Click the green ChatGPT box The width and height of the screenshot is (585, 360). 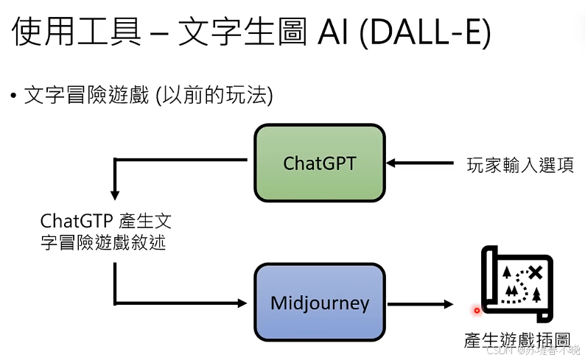click(319, 163)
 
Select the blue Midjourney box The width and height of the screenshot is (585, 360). click(319, 303)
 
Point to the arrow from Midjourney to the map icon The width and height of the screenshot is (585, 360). click(421, 303)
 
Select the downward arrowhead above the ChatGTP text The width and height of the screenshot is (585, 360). click(114, 194)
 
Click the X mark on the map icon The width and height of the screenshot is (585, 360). click(536, 272)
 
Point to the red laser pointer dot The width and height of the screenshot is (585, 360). click(477, 310)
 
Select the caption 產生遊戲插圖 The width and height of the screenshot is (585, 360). click(517, 339)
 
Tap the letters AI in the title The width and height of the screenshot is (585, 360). click(331, 35)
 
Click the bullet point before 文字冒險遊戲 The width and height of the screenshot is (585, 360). click(13, 96)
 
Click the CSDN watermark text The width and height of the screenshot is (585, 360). click(501, 350)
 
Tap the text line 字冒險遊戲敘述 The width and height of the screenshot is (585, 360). click(103, 242)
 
